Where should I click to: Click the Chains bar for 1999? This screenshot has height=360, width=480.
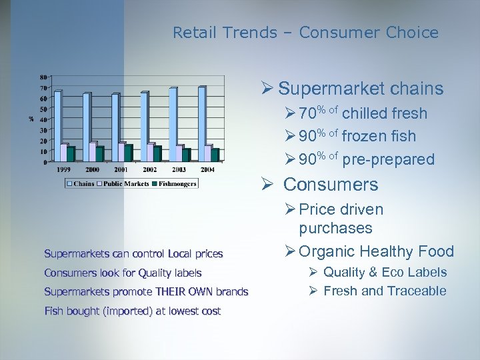[x=57, y=126]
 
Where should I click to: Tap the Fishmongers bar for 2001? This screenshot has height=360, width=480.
[x=128, y=153]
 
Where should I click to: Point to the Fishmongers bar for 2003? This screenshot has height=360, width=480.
[x=186, y=155]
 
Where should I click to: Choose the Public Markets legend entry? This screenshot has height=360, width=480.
[x=127, y=183]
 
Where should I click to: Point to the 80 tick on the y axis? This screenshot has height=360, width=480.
[x=43, y=77]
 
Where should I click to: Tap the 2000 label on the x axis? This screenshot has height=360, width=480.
[x=93, y=170]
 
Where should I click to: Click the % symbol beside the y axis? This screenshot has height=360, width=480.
[x=31, y=119]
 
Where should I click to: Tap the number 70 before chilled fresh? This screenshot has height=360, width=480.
[x=307, y=114]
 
